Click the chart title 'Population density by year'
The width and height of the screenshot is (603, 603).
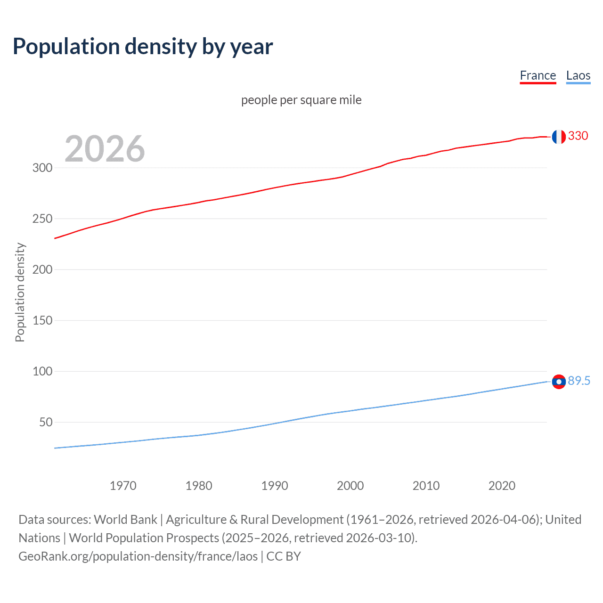(143, 47)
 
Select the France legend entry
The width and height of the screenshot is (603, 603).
(538, 75)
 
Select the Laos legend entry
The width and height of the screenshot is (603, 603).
(578, 75)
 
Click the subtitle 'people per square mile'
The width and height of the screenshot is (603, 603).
(301, 100)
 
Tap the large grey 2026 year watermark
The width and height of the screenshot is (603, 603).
(105, 149)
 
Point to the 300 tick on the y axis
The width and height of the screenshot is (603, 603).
(42, 168)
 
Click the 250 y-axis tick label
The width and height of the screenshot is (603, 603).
(42, 219)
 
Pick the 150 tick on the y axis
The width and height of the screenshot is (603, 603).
(42, 320)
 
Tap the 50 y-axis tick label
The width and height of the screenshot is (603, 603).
(46, 422)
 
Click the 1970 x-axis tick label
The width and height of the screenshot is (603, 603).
(123, 486)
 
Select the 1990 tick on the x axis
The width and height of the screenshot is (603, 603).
(275, 486)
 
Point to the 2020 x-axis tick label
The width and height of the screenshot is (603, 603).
(502, 486)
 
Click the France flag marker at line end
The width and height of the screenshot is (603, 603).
(559, 137)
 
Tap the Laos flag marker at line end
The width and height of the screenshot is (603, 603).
(559, 382)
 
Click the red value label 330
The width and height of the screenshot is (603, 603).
(578, 136)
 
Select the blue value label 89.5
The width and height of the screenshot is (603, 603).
(579, 381)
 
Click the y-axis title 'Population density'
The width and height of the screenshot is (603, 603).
(20, 292)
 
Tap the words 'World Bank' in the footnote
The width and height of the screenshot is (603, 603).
(125, 520)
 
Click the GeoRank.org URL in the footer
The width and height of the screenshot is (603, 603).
(138, 556)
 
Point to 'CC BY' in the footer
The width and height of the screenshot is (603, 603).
(284, 556)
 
